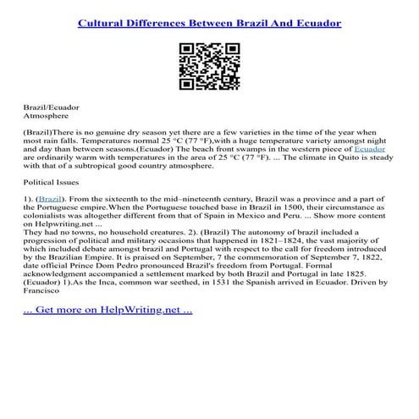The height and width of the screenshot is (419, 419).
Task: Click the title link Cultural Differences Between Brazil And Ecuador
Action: [x=209, y=23]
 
